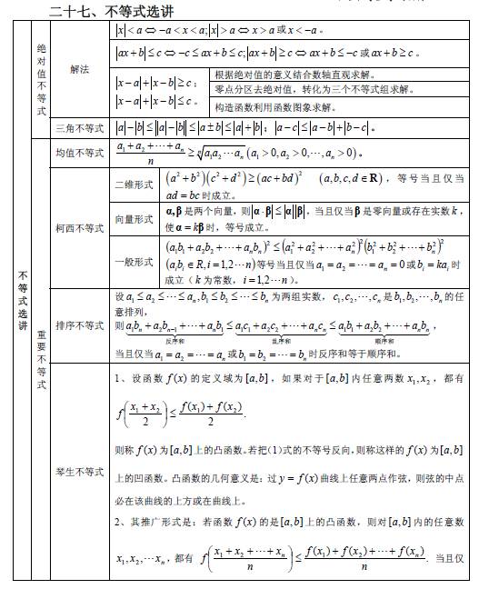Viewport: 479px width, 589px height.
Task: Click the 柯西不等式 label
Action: (x=79, y=227)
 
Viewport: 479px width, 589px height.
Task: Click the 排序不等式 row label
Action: (x=79, y=324)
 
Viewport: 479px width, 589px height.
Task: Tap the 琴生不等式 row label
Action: (x=79, y=471)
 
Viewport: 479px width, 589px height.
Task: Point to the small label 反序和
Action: (x=171, y=339)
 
